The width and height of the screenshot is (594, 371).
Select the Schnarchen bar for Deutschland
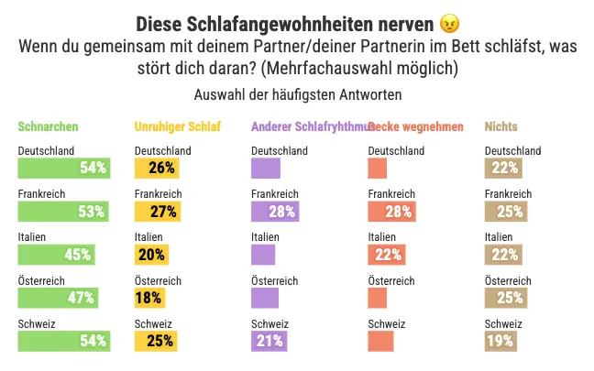coord(64,168)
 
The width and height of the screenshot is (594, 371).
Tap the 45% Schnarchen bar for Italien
coord(57,254)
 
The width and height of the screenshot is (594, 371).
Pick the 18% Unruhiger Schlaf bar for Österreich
coord(149,297)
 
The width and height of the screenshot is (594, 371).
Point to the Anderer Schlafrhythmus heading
coord(306,127)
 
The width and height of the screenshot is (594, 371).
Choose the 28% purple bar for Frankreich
coord(275,212)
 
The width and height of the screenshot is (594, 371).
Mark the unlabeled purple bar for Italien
coord(263,254)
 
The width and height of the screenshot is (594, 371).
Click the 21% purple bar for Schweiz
coord(269,341)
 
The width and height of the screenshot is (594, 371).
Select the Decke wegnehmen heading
coord(418,127)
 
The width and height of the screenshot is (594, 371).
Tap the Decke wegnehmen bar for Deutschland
coord(378,168)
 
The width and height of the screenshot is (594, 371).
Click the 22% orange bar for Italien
coord(387,254)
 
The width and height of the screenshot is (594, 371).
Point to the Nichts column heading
coord(500,127)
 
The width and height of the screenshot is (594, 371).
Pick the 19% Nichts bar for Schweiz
coord(500,341)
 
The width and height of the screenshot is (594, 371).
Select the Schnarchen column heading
coord(48,127)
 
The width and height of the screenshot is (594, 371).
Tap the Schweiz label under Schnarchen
coord(37,324)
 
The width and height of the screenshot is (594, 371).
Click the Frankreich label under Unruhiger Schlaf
coord(158,194)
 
